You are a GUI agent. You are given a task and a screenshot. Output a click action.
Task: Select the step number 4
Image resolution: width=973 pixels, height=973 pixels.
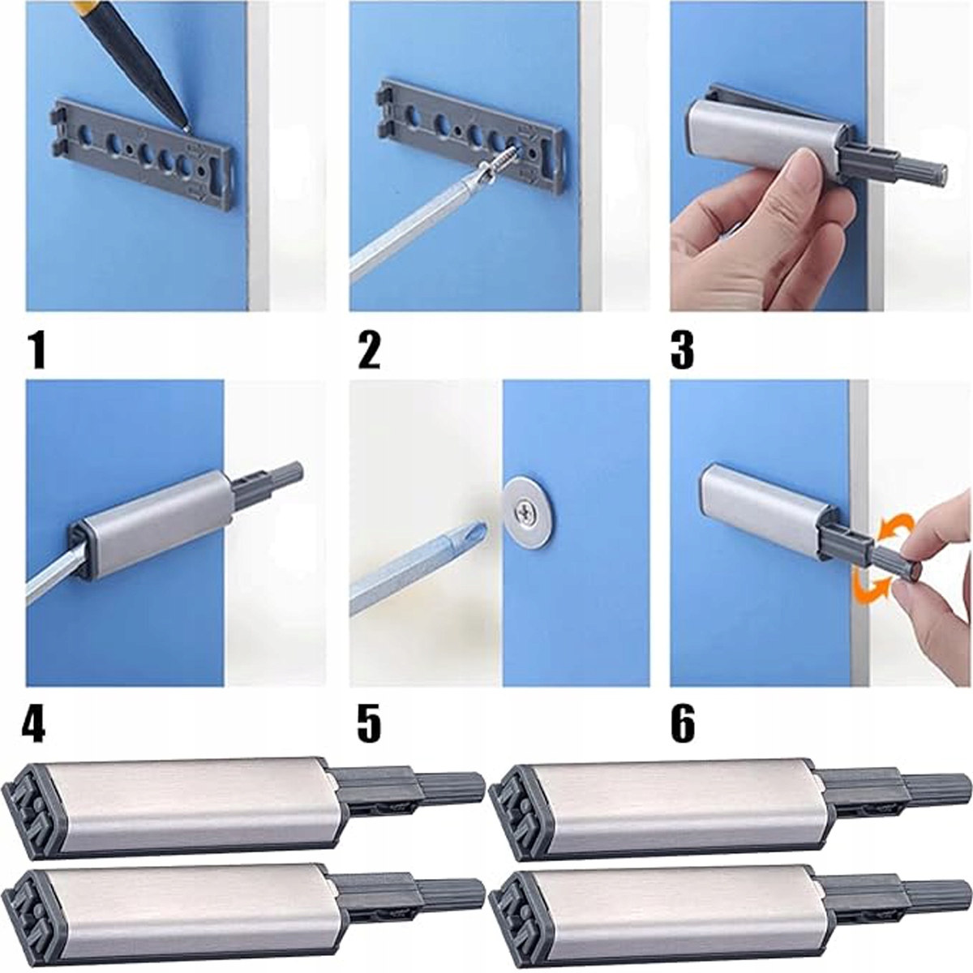pyautogui.click(x=33, y=724)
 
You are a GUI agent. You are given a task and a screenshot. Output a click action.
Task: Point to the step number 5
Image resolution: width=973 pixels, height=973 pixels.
pyautogui.click(x=369, y=724)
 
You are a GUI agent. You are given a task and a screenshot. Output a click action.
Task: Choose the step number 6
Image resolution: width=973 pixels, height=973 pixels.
pyautogui.click(x=683, y=724)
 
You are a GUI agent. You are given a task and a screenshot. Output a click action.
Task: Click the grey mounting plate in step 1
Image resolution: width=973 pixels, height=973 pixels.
pyautogui.click(x=143, y=154)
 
